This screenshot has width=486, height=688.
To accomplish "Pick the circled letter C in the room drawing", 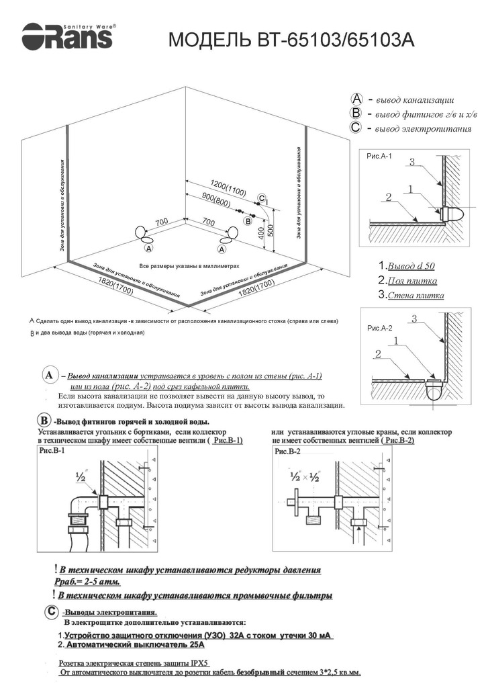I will click(x=261, y=198).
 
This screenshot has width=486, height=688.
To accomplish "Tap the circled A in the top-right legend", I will click(x=356, y=98).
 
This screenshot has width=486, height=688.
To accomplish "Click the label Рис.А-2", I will click(x=379, y=329).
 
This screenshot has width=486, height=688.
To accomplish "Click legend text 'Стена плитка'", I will click(x=410, y=295).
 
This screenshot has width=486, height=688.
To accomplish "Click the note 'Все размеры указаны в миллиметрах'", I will click(x=189, y=266).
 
